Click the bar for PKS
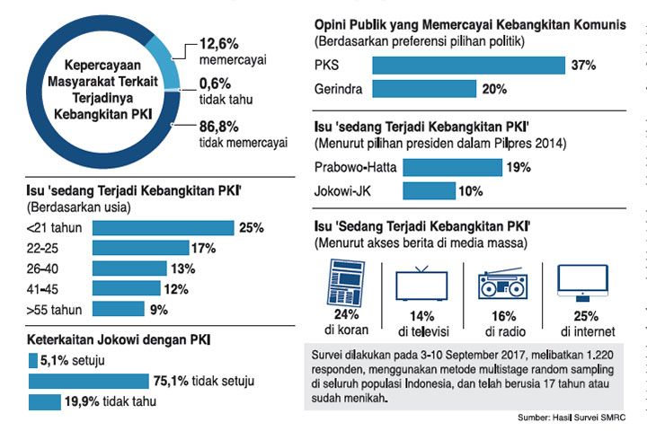467,65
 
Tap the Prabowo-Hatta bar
452,167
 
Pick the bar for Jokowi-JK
430,190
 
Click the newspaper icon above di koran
340,279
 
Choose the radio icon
502,283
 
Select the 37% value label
581,65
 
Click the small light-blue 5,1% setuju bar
33,361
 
